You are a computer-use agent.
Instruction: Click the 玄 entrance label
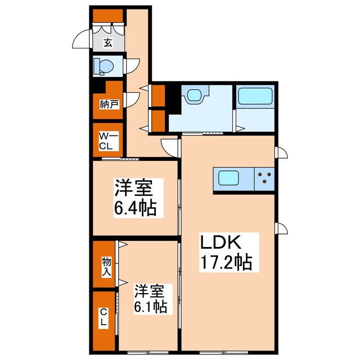pos(107,42)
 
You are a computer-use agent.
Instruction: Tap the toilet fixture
pos(104,67)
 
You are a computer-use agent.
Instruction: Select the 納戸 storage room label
pos(109,104)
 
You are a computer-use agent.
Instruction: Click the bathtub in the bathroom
pos(255,97)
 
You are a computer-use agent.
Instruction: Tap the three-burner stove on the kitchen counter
pos(264,179)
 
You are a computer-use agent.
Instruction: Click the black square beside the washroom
pos(173,96)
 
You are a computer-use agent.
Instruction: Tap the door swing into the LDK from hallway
pos(169,146)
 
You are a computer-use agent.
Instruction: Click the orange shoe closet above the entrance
pos(108,15)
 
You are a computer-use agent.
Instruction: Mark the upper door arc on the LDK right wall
pos(282,153)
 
